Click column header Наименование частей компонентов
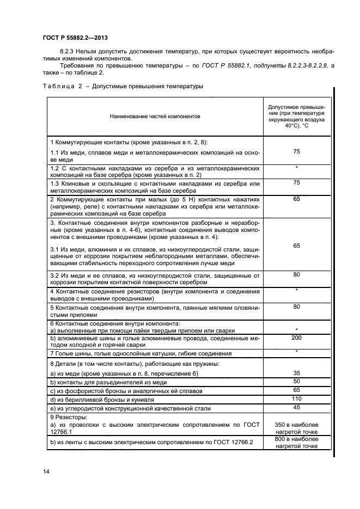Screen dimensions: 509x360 click(x=155, y=116)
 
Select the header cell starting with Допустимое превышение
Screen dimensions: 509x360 click(x=296, y=115)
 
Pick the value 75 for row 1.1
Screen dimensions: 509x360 click(x=296, y=152)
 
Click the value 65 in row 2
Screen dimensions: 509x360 click(x=296, y=200)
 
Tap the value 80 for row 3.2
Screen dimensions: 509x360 click(x=296, y=275)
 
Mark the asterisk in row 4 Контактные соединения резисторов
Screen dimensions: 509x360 click(x=296, y=290)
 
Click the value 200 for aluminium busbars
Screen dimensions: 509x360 click(x=296, y=338)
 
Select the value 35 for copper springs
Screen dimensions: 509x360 click(x=296, y=373)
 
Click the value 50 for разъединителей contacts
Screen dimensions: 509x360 click(x=296, y=382)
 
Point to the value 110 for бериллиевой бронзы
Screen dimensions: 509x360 click(x=296, y=398)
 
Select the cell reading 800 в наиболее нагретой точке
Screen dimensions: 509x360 click(x=296, y=441)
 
